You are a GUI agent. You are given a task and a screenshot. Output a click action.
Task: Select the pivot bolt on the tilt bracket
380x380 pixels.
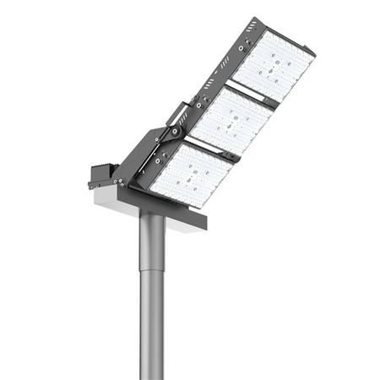(x=174, y=133)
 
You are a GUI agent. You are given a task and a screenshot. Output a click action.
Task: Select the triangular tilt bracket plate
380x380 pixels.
(x=152, y=152)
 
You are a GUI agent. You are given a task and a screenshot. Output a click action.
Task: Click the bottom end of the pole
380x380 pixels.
(x=153, y=377)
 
